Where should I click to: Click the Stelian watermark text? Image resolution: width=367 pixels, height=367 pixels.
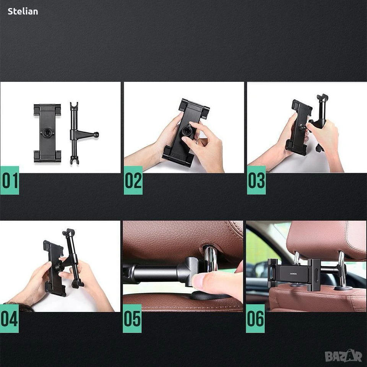click(23, 11)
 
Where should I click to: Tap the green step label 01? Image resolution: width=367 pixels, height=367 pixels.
click(10, 180)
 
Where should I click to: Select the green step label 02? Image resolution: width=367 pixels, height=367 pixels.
click(133, 180)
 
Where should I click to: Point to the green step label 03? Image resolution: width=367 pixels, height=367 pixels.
click(256, 180)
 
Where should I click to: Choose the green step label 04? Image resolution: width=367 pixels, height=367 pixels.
click(9, 318)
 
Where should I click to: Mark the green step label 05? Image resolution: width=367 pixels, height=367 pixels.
click(132, 318)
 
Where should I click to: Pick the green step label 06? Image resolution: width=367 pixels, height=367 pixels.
click(255, 318)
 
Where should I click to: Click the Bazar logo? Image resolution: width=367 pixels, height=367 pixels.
click(344, 356)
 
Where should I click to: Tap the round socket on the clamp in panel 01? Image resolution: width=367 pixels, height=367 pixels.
click(47, 133)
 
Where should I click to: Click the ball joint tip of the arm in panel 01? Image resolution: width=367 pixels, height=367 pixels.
click(96, 135)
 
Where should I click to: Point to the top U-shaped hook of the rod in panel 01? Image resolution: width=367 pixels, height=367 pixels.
click(74, 106)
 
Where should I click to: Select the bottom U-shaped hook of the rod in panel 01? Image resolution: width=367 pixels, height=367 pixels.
click(74, 160)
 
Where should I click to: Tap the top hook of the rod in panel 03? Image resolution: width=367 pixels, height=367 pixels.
click(322, 97)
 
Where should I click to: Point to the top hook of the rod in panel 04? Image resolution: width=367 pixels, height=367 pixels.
click(68, 232)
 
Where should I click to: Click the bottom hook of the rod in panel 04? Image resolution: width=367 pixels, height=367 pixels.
click(78, 283)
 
